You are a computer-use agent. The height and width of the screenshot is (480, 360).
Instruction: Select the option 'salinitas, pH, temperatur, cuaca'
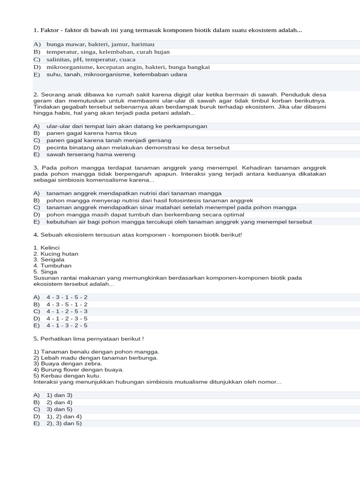tap(91, 60)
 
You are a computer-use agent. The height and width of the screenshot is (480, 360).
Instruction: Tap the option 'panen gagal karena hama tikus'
tap(91, 133)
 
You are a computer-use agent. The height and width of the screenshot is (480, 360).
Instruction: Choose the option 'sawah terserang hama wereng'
tap(90, 154)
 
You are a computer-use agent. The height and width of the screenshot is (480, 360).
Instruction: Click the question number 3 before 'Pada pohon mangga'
tap(36, 168)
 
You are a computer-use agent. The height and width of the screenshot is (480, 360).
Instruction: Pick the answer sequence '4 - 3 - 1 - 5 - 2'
tap(67, 297)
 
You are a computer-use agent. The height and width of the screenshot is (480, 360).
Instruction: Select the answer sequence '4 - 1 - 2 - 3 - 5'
tap(67, 318)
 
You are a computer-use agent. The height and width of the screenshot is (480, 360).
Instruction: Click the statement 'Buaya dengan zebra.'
tap(67, 363)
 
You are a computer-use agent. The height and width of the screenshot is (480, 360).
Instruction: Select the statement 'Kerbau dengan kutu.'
tap(67, 375)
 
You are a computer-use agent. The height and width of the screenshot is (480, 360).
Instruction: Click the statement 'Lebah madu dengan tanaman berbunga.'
tap(96, 357)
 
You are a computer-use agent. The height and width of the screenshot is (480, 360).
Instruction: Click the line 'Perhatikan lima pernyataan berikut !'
tap(89, 338)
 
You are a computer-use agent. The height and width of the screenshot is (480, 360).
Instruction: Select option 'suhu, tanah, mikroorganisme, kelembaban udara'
tap(117, 74)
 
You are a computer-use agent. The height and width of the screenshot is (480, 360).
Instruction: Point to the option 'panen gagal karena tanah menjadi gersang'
tap(109, 140)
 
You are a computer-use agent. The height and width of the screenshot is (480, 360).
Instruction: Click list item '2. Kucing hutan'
tap(56, 254)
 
